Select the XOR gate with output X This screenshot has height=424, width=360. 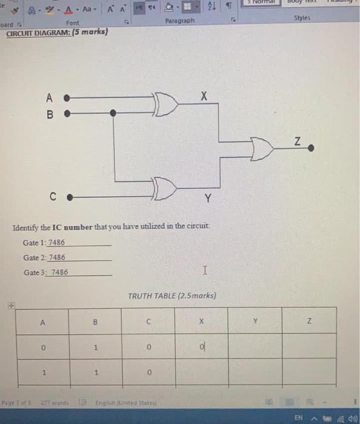pyautogui.click(x=166, y=105)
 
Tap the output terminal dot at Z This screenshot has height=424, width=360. pyautogui.click(x=312, y=148)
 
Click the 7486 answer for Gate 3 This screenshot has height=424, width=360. pyautogui.click(x=59, y=273)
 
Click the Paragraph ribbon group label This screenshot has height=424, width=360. pyautogui.click(x=179, y=21)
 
